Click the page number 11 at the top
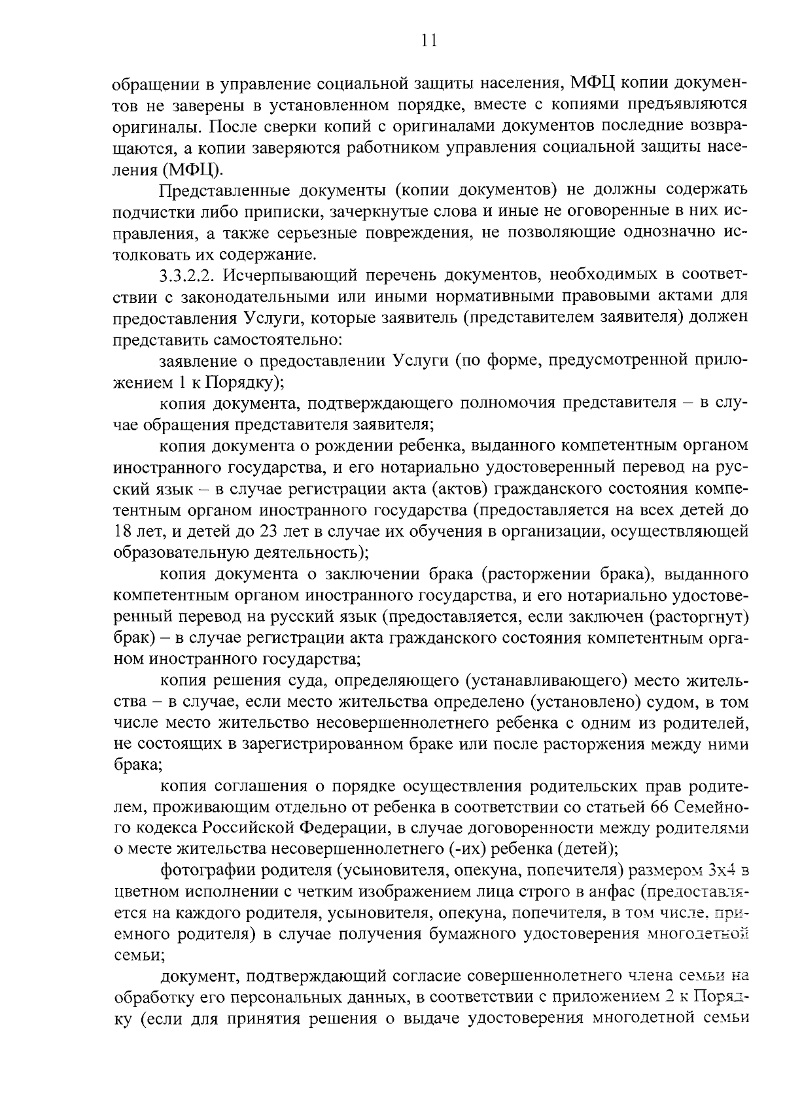428,41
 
